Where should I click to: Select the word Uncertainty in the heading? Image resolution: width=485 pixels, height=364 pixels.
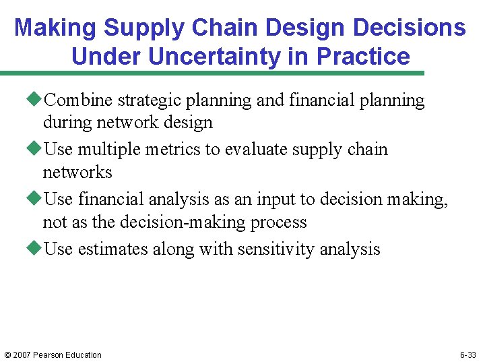click(214, 57)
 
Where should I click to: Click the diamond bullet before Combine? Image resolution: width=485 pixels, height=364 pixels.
click(36, 100)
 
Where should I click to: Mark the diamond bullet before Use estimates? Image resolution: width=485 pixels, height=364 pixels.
click(36, 249)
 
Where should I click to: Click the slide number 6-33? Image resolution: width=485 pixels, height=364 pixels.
click(469, 355)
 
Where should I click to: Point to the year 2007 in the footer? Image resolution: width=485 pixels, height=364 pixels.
click(22, 355)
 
